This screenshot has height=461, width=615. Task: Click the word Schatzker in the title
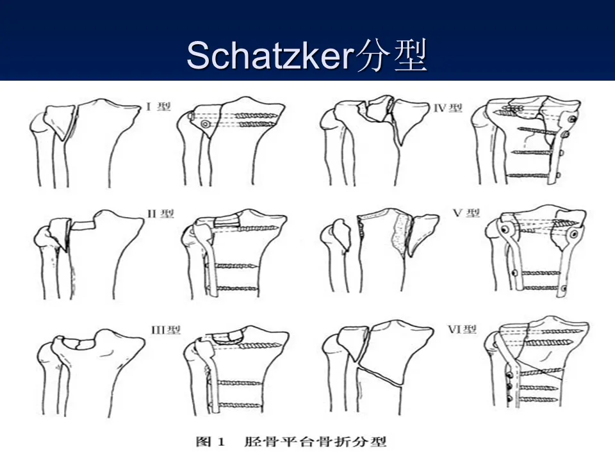(x=270, y=55)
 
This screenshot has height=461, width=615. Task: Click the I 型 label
(x=158, y=106)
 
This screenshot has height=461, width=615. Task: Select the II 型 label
(x=160, y=214)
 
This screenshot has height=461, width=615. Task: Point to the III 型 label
(x=166, y=330)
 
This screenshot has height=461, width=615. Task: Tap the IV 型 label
(x=448, y=108)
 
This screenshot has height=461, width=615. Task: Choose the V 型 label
(x=466, y=213)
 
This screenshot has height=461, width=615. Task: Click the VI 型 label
(x=463, y=329)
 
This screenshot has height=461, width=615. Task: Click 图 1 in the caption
(x=211, y=442)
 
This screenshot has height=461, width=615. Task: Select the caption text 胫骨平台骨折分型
(x=315, y=442)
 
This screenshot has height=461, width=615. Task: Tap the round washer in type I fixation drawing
(x=205, y=124)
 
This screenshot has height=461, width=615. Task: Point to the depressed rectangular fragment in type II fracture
(x=83, y=225)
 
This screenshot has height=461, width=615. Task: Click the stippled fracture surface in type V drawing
(x=400, y=233)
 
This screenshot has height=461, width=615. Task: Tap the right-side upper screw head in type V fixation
(x=573, y=235)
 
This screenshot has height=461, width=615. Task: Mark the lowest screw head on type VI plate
(x=510, y=399)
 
